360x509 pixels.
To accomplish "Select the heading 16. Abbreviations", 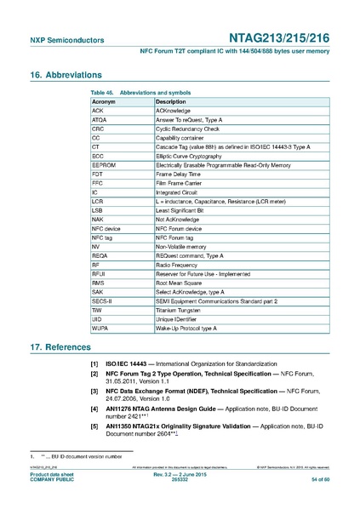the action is [71, 74].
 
